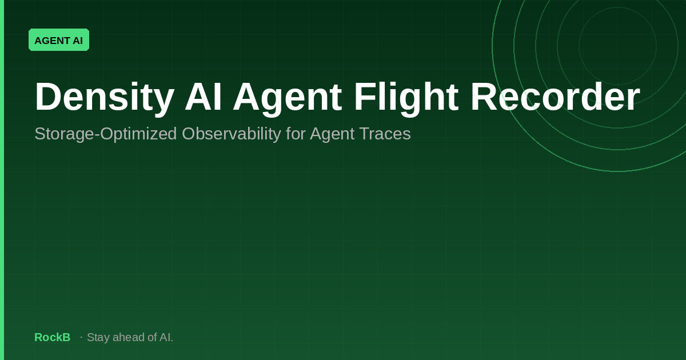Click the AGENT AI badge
[x=59, y=40]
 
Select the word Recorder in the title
[x=555, y=97]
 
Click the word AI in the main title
[x=204, y=97]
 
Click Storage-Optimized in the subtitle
[x=106, y=134]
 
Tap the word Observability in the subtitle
[x=231, y=134]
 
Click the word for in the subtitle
[x=295, y=134]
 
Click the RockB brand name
[x=53, y=337]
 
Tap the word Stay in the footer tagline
[x=98, y=338]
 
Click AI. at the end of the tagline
[x=166, y=337]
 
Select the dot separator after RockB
[x=81, y=337]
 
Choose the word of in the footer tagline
[x=152, y=337]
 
